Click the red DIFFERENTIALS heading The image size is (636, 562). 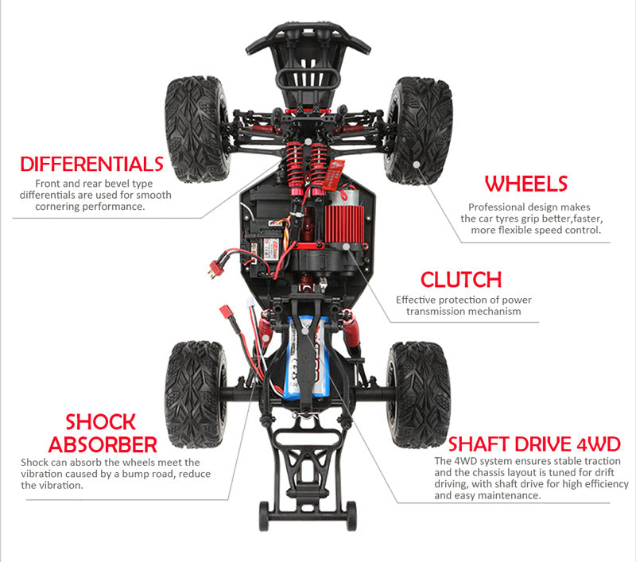coord(91,165)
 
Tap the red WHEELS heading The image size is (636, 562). coord(526,184)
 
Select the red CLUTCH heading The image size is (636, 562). coord(461,280)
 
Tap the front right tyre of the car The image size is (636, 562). coord(418,130)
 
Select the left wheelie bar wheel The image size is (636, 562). coord(264,516)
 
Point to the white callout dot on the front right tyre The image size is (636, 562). coord(417,164)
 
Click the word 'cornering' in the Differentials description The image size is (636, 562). coord(67,207)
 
